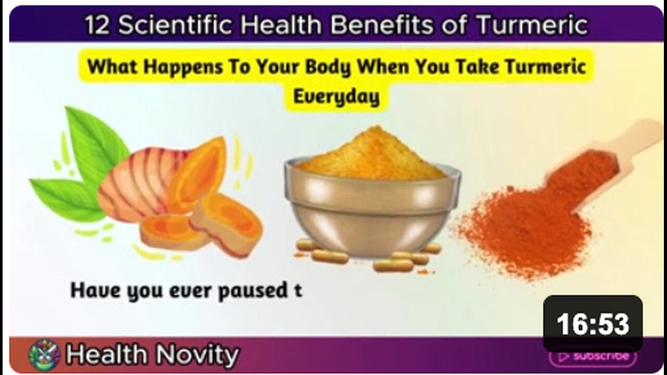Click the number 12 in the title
[x=97, y=25]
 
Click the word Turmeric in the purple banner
[x=532, y=24]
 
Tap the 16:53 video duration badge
[x=593, y=324]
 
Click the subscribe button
[x=593, y=356]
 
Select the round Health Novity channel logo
[x=44, y=355]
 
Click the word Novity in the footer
[x=197, y=354]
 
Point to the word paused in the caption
[x=253, y=291]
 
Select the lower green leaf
[x=67, y=198]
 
